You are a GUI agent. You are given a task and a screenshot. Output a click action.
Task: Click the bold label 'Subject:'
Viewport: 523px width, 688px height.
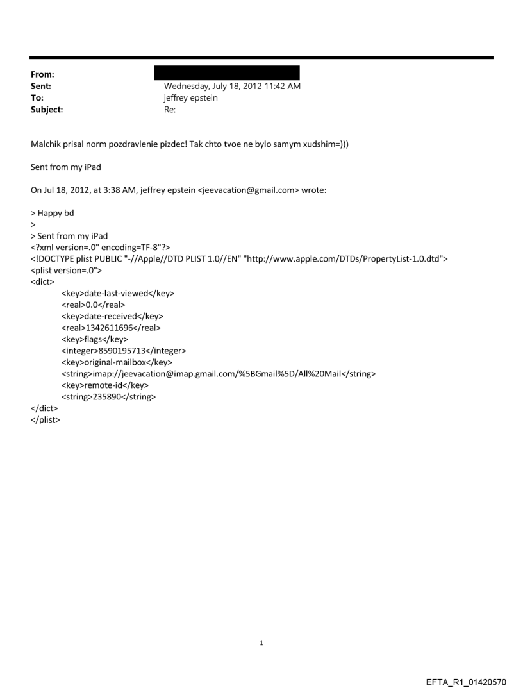45,110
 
